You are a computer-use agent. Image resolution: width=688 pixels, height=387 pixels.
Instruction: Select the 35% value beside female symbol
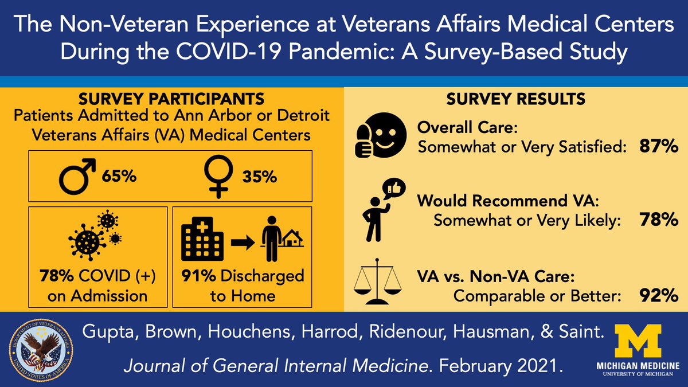click(259, 176)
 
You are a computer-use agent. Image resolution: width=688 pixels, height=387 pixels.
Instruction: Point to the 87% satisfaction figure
click(659, 147)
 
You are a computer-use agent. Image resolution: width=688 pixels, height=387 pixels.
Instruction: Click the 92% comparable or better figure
click(659, 296)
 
